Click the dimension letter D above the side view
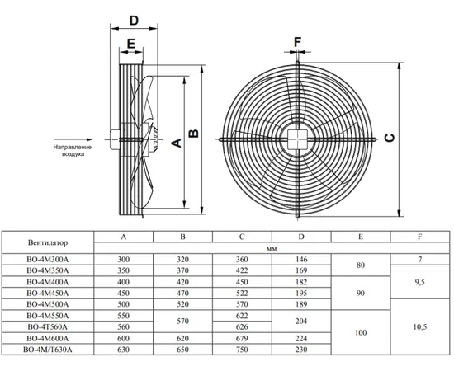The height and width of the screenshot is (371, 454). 134,21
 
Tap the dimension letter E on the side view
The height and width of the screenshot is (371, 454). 131,44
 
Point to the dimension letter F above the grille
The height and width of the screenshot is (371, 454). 298,42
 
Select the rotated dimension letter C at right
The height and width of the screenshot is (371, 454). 390,138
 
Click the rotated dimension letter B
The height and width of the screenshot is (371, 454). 194,134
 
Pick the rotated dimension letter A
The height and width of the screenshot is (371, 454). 177,143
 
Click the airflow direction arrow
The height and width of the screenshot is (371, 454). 73,139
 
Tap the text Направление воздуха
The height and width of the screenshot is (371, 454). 73,150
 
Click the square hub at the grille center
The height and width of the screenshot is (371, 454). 297,139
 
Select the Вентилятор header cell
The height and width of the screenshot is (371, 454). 48,242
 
